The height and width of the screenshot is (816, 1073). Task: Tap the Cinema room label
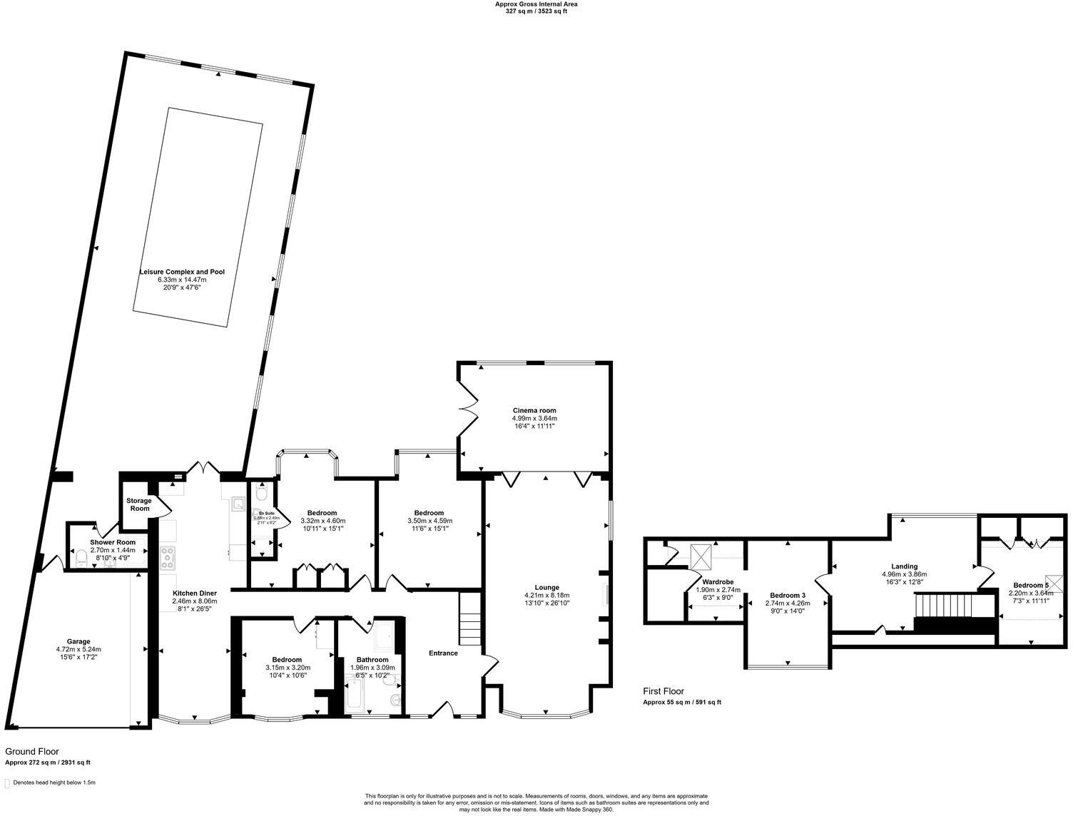click(534, 410)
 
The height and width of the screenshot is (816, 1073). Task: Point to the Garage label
click(78, 641)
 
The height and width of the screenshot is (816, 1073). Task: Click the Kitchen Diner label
click(195, 593)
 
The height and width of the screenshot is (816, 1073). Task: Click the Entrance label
click(443, 653)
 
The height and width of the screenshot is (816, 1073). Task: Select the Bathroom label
click(372, 660)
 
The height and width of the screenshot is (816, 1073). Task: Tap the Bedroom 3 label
click(788, 595)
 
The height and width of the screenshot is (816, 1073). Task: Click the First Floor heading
click(663, 691)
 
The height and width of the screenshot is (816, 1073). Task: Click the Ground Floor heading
click(32, 751)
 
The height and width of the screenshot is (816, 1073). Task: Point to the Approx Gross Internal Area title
click(536, 4)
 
